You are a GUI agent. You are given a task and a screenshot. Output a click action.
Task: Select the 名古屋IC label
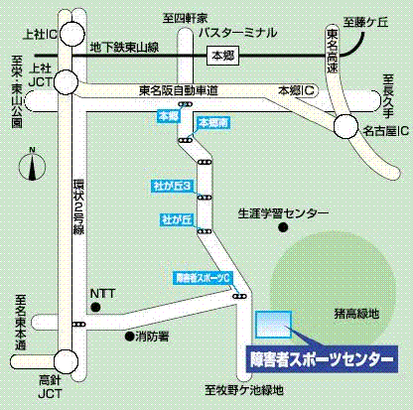click(383, 130)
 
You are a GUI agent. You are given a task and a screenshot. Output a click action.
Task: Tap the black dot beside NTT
click(95, 308)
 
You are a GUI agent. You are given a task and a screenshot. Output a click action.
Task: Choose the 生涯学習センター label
click(283, 213)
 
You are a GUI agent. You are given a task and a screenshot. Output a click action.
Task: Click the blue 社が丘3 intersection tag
click(171, 186)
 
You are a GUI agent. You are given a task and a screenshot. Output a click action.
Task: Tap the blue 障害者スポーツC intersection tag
click(202, 277)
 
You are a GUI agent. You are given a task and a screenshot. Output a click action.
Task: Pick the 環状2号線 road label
click(77, 207)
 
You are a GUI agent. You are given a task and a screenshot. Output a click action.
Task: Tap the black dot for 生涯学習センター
click(284, 229)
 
